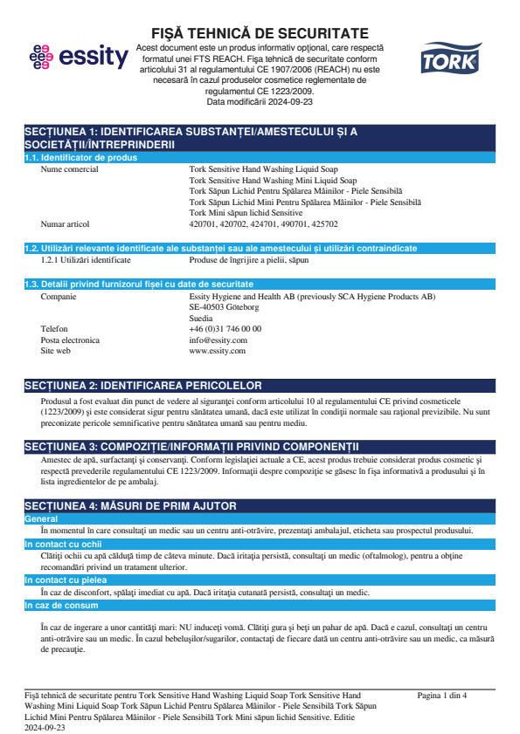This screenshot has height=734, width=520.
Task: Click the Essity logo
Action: coord(78,58)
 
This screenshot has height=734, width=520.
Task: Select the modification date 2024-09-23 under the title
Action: coord(290,102)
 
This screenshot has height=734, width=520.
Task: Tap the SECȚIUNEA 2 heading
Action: coord(143,385)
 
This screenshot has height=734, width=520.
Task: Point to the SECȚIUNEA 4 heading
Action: coord(130,506)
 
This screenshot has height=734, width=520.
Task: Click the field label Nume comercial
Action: coord(70,169)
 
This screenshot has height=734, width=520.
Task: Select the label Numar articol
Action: coord(66,223)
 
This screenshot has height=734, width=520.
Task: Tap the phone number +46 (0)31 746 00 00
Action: coord(225,329)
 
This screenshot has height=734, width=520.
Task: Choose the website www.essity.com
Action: coord(218,350)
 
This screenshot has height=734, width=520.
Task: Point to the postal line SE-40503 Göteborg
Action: coord(225,307)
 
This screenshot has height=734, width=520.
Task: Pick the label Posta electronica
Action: coord(71,340)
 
